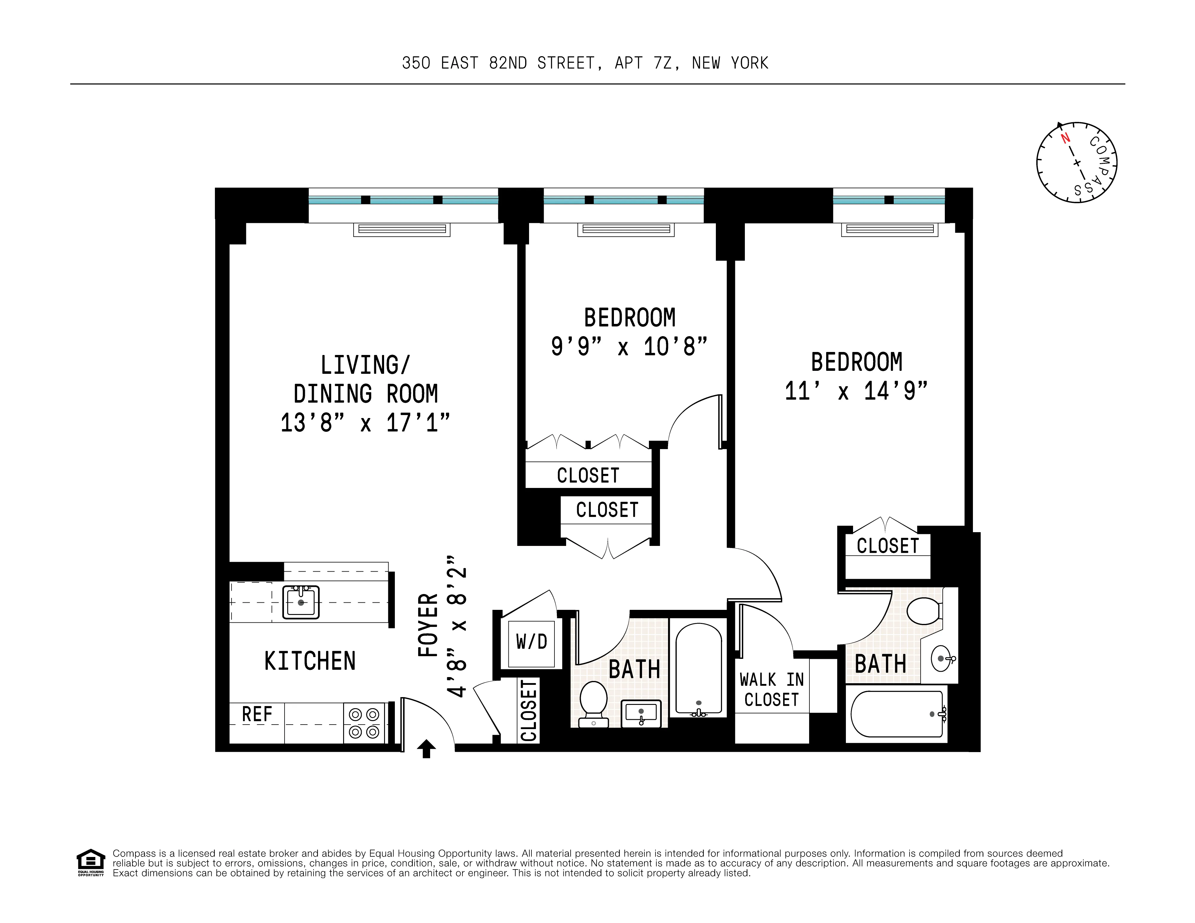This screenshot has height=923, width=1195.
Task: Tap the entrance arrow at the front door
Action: [x=426, y=748]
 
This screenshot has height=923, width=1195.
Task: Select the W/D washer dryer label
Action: [x=531, y=642]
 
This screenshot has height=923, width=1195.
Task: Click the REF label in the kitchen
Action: [x=257, y=714]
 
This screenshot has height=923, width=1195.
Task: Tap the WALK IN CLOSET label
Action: [x=771, y=689]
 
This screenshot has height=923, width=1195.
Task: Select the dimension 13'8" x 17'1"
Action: [x=365, y=423]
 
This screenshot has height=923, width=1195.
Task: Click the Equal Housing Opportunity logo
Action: [x=90, y=863]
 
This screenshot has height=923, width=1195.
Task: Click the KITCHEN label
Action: [x=310, y=661]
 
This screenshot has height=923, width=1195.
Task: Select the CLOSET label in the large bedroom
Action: [x=887, y=546]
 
